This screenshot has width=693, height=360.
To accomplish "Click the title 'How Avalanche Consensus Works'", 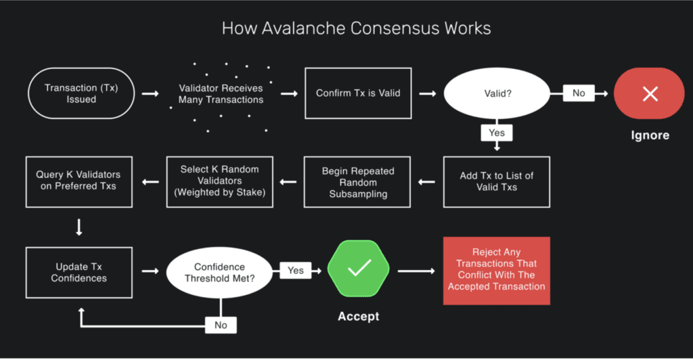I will [x=356, y=29].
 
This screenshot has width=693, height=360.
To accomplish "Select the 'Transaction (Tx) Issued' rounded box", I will [x=80, y=93].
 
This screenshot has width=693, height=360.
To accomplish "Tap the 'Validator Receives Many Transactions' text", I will [x=221, y=94].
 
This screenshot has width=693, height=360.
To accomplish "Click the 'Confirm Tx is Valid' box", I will [x=358, y=93].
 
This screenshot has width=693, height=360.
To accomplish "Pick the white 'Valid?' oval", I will [x=496, y=93].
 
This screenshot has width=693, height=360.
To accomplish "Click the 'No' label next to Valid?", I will [x=579, y=93].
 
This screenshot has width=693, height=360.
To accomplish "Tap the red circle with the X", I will [x=650, y=93].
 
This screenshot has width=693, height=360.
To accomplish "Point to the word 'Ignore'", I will [x=650, y=135].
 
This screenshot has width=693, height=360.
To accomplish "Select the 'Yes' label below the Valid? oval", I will [x=497, y=133].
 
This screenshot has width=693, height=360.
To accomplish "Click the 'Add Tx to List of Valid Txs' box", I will [x=497, y=181].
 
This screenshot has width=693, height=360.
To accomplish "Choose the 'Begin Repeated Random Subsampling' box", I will [x=358, y=181].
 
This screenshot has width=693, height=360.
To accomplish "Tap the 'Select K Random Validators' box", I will [x=220, y=181].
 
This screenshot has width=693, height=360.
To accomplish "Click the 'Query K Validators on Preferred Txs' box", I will [x=79, y=181].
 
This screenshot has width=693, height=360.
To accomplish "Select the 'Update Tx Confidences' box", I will [x=79, y=272].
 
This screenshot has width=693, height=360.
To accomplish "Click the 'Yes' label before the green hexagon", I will [x=296, y=270].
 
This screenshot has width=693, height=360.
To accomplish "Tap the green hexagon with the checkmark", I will [x=359, y=270].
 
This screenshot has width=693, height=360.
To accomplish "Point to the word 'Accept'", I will [x=359, y=316].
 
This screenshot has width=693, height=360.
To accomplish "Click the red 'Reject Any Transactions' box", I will [x=496, y=269].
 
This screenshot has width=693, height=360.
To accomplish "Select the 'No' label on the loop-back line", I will [x=221, y=325].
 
